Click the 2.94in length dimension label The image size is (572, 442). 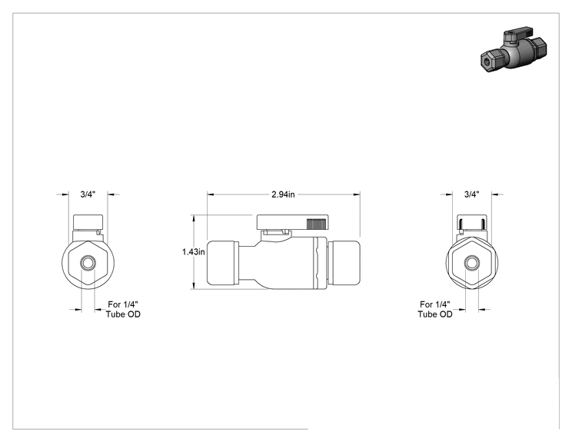tap(283, 194)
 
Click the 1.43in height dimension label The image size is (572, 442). tap(193, 251)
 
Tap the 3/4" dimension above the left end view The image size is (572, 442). tap(88, 194)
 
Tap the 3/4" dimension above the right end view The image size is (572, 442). tap(472, 194)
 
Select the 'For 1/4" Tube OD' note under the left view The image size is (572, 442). tap(123, 309)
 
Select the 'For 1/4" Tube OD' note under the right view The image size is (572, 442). tap(435, 309)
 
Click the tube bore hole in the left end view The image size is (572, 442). tap(88, 263)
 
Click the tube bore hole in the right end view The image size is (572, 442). tap(472, 263)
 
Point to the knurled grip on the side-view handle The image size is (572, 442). tap(316, 224)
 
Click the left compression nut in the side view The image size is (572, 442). tap(223, 263)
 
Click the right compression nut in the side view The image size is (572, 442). tap(344, 263)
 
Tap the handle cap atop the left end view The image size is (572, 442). tap(88, 221)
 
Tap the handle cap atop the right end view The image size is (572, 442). tap(472, 221)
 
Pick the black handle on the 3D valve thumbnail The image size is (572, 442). tap(517, 35)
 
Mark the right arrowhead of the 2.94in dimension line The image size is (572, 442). tap(357, 194)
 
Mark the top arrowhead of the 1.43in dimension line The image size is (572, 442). tap(194, 218)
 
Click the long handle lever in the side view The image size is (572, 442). tap(293, 222)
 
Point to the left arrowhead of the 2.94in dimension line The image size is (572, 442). tap(211, 194)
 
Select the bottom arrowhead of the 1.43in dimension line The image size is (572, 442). tap(194, 286)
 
